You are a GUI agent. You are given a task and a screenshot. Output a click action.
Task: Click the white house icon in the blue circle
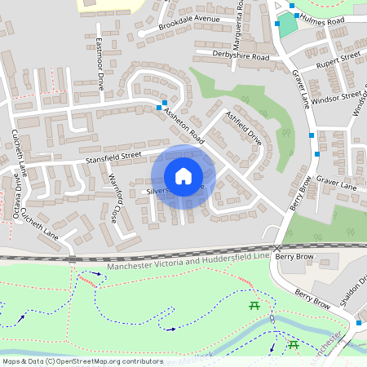[x=183, y=176]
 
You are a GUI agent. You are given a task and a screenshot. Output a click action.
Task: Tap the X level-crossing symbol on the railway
[x=277, y=247]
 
